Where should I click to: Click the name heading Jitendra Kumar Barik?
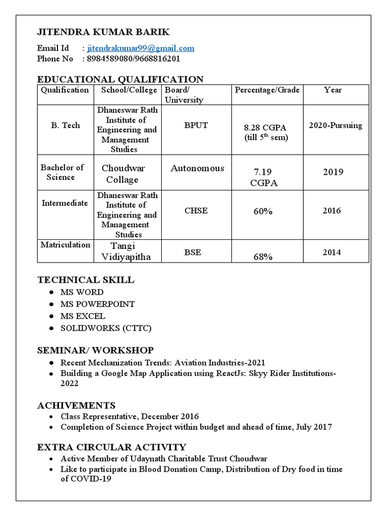tap(103, 32)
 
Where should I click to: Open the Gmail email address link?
tap(141, 48)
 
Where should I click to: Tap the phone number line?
tap(134, 58)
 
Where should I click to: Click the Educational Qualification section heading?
tap(120, 79)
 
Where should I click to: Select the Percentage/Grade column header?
tap(267, 90)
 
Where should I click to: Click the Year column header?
tap(333, 90)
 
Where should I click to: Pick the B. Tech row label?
tap(65, 125)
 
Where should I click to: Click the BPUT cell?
tap(196, 125)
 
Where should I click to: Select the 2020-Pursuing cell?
tap(335, 125)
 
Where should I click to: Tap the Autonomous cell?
tap(197, 168)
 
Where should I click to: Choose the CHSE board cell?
tap(196, 211)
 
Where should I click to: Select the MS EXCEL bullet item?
tap(83, 316)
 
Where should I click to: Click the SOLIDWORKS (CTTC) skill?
tap(106, 329)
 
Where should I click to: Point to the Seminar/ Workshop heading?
tap(95, 350)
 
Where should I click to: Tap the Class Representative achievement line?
tap(130, 416)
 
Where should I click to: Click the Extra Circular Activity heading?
tap(111, 447)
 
